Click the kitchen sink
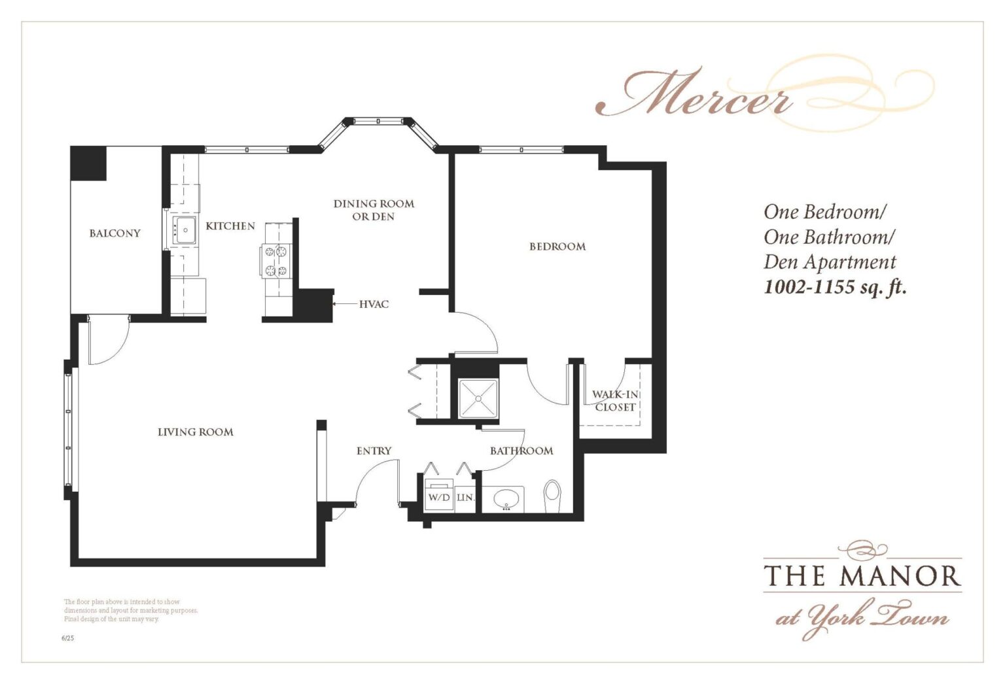[x=185, y=230]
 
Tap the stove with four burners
[x=276, y=260]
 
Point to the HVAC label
[x=374, y=304]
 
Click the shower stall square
[x=478, y=398]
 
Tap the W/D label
[x=438, y=497]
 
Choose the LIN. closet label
[x=465, y=497]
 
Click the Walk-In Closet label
[x=615, y=400]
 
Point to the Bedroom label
[x=557, y=247]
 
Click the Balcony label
[x=115, y=233]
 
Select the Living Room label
[x=196, y=432]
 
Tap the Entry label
[x=374, y=451]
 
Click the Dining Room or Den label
[x=374, y=210]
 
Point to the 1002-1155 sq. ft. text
[x=835, y=287]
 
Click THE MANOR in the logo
[x=862, y=575]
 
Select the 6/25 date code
[x=68, y=638]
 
